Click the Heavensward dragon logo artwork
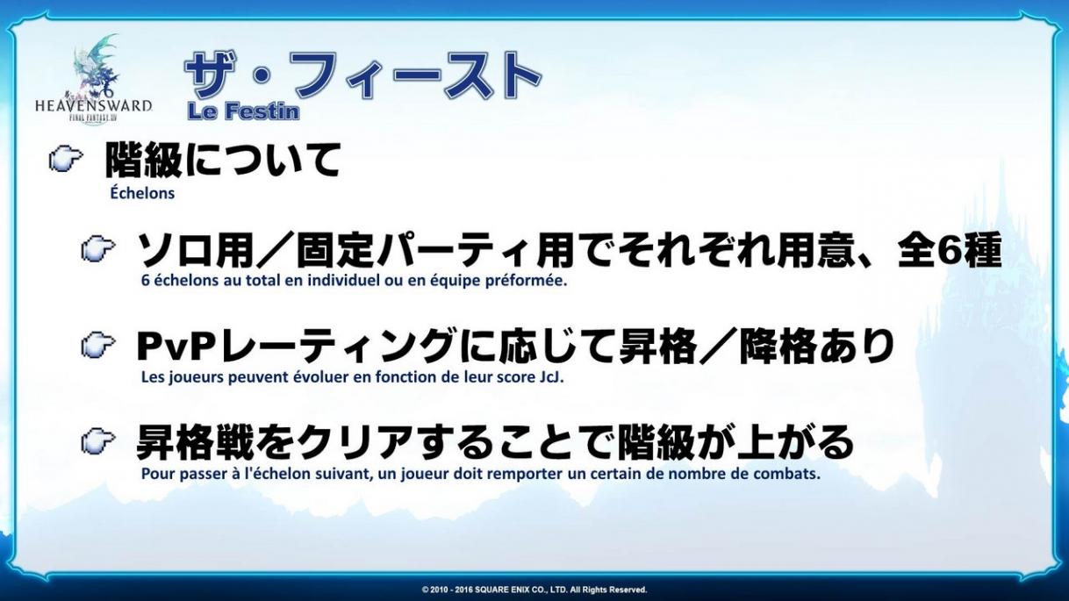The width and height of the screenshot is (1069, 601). (96, 67)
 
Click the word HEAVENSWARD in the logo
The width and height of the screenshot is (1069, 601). (94, 106)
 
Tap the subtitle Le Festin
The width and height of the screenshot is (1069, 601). (243, 111)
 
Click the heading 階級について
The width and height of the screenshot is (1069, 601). (223, 160)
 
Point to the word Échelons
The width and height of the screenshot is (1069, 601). (142, 193)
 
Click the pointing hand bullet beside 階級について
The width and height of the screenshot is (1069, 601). (66, 159)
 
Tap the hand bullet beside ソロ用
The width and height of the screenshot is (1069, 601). (98, 249)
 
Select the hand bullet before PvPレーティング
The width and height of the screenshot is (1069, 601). (98, 345)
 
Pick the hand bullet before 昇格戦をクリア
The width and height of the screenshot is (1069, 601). (98, 440)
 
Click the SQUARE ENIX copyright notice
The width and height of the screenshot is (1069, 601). (534, 590)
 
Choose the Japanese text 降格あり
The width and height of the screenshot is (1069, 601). (816, 347)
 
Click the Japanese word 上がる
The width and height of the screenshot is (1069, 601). (795, 441)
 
